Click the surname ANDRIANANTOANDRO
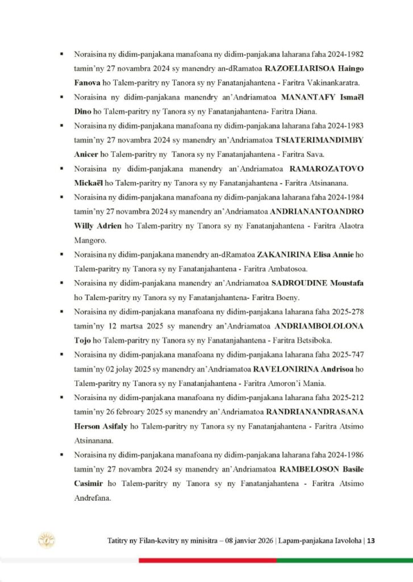[316, 211]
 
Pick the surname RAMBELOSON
[308, 469]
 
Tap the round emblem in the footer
[46, 541]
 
